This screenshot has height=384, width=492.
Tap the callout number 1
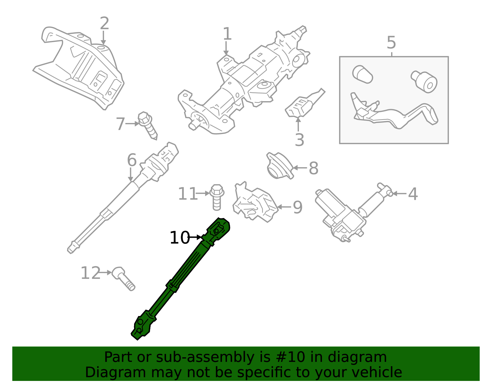coord(227,34)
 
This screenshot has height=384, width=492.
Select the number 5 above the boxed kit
coord(391,42)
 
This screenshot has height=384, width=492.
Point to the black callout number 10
coord(180,238)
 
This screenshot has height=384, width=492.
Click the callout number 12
coord(90,273)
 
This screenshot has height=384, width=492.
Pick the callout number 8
coord(314,168)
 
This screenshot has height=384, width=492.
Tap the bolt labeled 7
coord(148,125)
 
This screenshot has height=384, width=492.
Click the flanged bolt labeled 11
coord(217,197)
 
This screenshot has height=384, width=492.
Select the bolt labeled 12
coord(124,279)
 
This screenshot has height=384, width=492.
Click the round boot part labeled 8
coord(280,166)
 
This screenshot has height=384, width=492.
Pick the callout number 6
coord(132,160)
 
